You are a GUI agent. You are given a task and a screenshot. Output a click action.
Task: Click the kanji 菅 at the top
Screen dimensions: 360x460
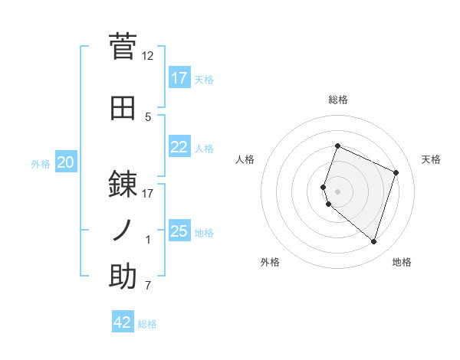point(123,46)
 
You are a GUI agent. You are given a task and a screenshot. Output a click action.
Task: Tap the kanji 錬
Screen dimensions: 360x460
point(123,184)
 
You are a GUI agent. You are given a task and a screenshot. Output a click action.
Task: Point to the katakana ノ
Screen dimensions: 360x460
point(123,230)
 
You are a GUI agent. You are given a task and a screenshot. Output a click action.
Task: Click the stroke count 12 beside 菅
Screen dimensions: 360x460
point(148,56)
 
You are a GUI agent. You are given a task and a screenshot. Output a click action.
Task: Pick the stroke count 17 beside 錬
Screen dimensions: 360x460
point(148,193)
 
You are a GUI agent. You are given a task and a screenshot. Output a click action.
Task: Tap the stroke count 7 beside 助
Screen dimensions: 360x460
point(148,286)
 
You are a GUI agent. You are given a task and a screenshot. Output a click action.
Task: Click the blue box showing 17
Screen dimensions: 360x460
point(179,78)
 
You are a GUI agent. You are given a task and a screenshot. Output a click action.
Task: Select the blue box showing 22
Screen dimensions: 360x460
point(179,147)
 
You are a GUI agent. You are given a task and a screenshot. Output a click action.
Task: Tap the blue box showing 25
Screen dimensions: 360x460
point(179,231)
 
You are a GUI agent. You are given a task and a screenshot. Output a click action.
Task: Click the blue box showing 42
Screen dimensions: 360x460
point(123,322)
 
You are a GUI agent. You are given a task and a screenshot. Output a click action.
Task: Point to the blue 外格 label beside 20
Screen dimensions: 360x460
point(41,163)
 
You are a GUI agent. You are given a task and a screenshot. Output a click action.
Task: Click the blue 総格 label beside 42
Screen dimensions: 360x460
point(147,324)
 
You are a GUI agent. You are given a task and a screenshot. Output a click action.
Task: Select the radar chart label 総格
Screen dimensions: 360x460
point(338,100)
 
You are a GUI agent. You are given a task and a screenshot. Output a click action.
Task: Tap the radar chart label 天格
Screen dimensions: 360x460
point(432,159)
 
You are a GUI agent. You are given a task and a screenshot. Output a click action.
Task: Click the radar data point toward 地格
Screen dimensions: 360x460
point(373,242)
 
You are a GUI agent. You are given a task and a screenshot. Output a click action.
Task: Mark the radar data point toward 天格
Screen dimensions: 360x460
point(396,172)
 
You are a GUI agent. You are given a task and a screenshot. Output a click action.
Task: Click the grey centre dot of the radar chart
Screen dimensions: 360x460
point(338,191)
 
